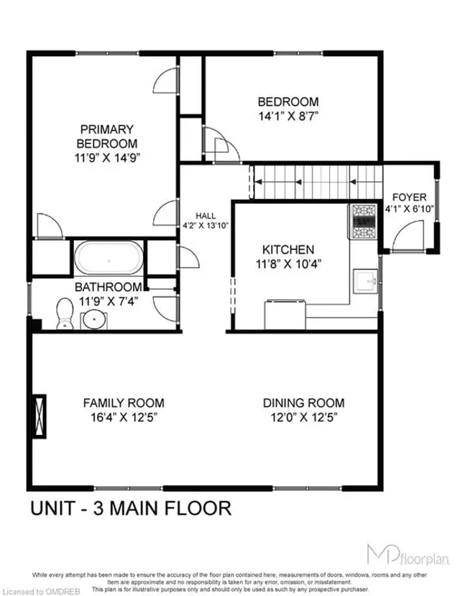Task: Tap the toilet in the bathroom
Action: (x=65, y=313)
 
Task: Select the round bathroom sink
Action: (x=91, y=318)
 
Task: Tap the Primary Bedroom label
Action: (x=106, y=136)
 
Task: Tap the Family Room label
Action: (x=123, y=403)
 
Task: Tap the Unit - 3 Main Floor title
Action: (x=130, y=508)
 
